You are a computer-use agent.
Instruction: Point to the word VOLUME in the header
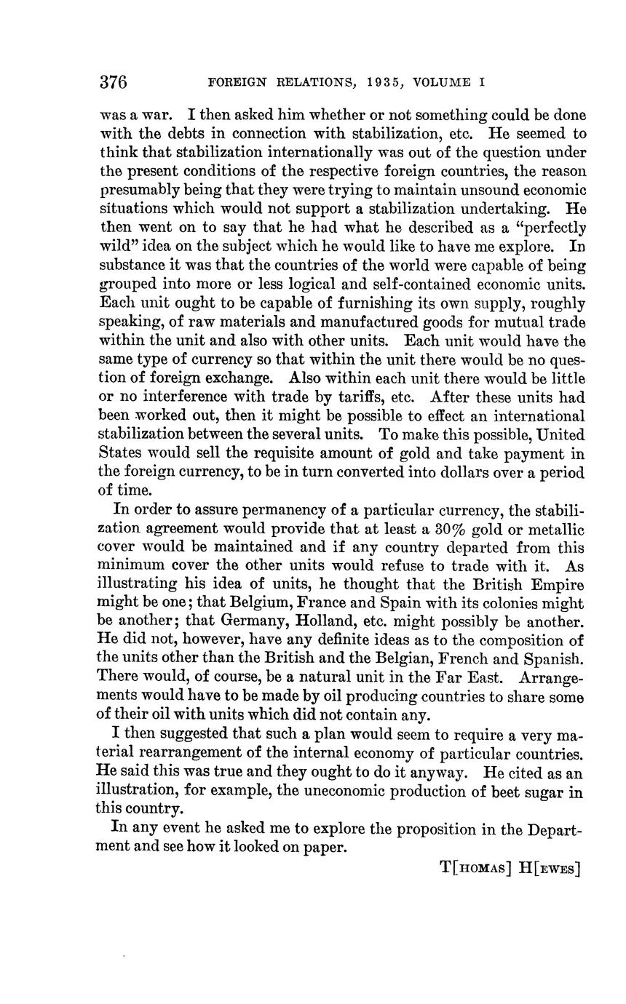[443, 82]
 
